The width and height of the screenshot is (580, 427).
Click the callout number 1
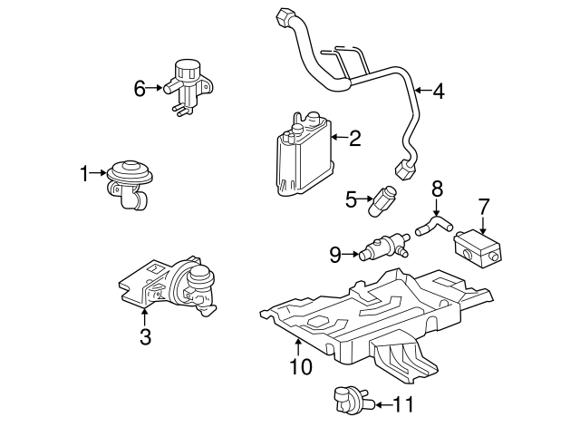[x=84, y=172]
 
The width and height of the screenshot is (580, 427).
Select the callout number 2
[x=354, y=138]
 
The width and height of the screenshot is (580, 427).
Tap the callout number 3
[x=145, y=337]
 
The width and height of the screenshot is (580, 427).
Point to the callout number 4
[x=438, y=91]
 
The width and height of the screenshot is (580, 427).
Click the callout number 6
[x=140, y=88]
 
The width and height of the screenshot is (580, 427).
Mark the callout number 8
[x=437, y=189]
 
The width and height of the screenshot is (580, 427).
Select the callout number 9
[x=335, y=255]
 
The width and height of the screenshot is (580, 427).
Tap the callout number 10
[x=299, y=366]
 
